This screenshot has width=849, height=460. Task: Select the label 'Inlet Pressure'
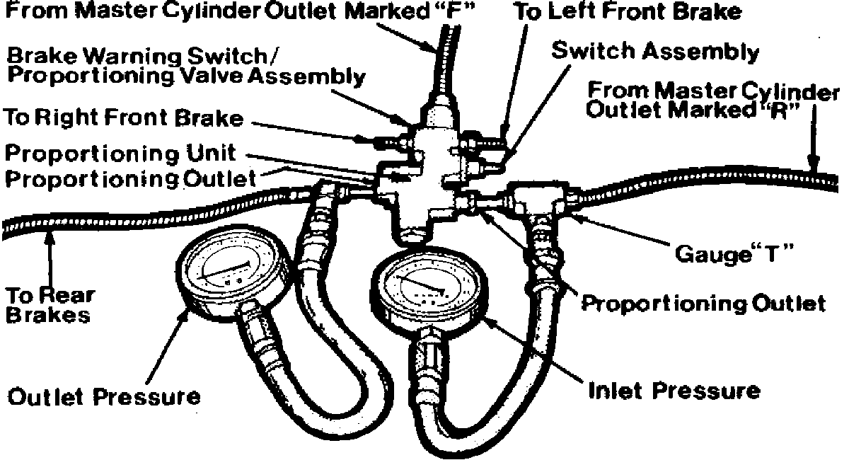pos(674,390)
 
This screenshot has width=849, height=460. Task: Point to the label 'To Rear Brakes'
pos(50,304)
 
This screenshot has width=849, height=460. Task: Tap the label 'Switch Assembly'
pos(655,52)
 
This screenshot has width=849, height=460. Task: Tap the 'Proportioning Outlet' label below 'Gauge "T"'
pos(702,304)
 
